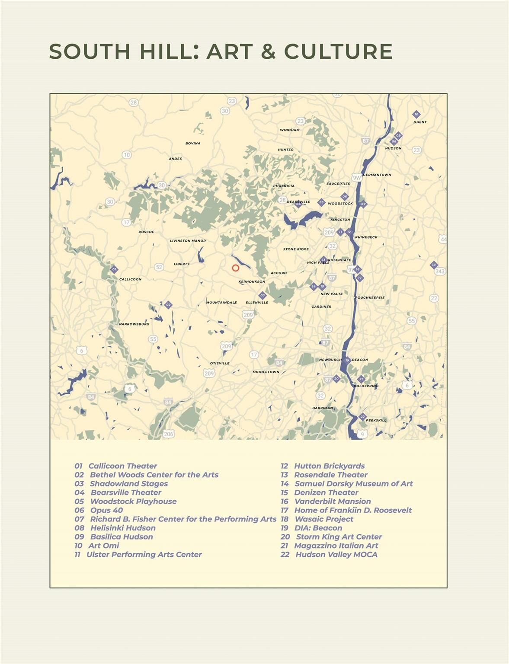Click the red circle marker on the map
(x=236, y=268)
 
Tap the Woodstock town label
(x=340, y=204)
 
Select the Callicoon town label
(x=130, y=279)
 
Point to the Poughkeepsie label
(x=370, y=297)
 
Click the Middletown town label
(x=266, y=372)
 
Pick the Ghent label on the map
(x=420, y=122)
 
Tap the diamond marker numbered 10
(x=416, y=115)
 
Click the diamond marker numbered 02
(x=168, y=305)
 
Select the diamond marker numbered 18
(x=434, y=265)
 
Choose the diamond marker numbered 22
(x=362, y=417)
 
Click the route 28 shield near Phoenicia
(x=282, y=200)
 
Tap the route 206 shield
(x=168, y=434)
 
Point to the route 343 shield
(x=440, y=271)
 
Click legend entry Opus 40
(x=106, y=510)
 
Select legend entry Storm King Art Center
(x=339, y=536)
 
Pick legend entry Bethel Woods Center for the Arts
(x=154, y=475)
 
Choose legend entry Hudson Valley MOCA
(x=336, y=554)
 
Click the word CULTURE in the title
(x=338, y=51)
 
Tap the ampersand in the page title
(x=268, y=51)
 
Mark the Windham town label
(x=290, y=130)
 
